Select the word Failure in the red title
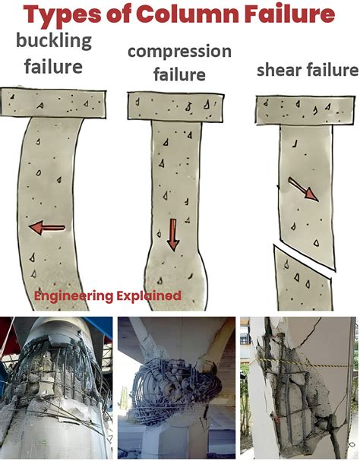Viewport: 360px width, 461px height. pos(289,14)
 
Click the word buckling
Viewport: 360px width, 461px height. pos(54,42)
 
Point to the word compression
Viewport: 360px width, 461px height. pos(179,52)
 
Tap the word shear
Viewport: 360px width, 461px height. pos(279,71)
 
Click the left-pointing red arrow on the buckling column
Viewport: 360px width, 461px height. pos(47,228)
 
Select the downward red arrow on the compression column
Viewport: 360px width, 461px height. pos(173,235)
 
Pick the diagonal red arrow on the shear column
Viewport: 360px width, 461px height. pos(303,189)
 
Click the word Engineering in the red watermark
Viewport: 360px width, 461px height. pos(74,296)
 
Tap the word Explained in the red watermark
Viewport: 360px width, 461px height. pos(149,295)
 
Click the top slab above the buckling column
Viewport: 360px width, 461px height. pos(53,103)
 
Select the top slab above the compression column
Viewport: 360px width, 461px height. pos(175,106)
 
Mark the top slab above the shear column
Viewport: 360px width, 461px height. pos(305,110)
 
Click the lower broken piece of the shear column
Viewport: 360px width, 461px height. pos(303,281)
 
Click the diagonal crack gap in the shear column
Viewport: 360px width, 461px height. pos(305,259)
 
